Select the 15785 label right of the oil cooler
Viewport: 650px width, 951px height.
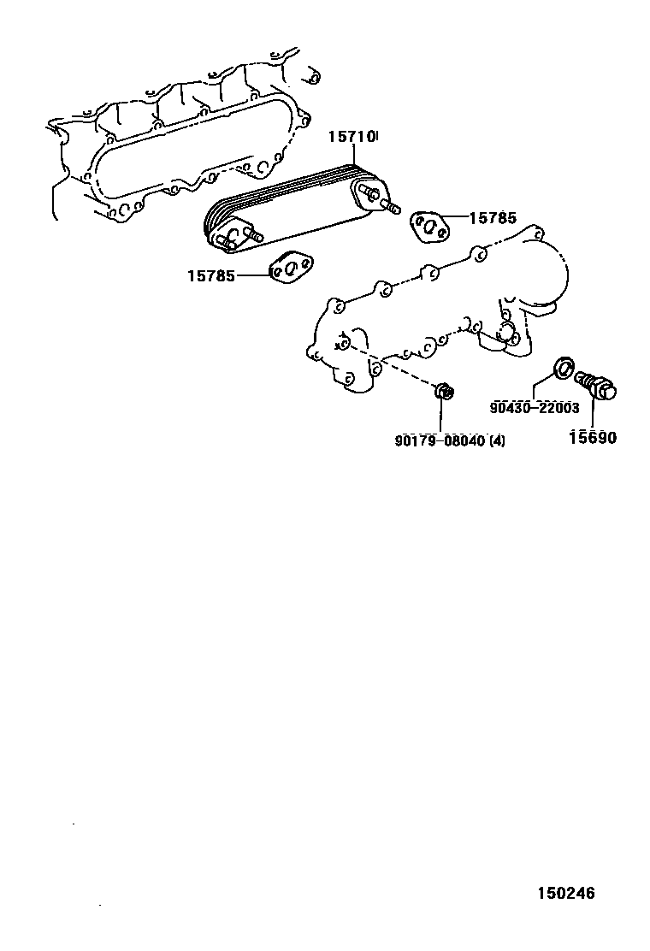click(493, 218)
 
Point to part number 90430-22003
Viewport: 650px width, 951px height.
click(535, 408)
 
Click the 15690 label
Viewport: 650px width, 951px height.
click(593, 438)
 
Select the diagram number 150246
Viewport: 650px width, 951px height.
click(565, 894)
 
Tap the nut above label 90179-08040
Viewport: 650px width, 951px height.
click(443, 393)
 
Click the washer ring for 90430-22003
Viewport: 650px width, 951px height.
click(564, 369)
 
